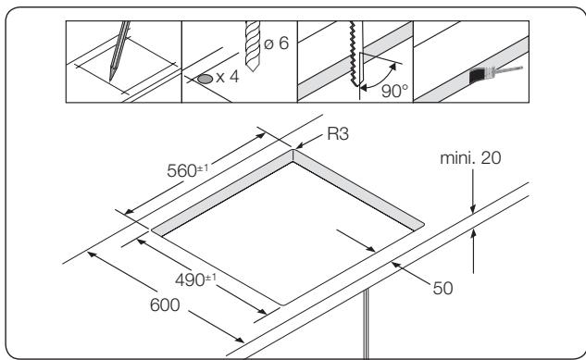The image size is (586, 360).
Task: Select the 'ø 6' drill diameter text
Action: click(x=270, y=46)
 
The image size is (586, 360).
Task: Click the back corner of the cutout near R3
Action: click(x=293, y=153)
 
